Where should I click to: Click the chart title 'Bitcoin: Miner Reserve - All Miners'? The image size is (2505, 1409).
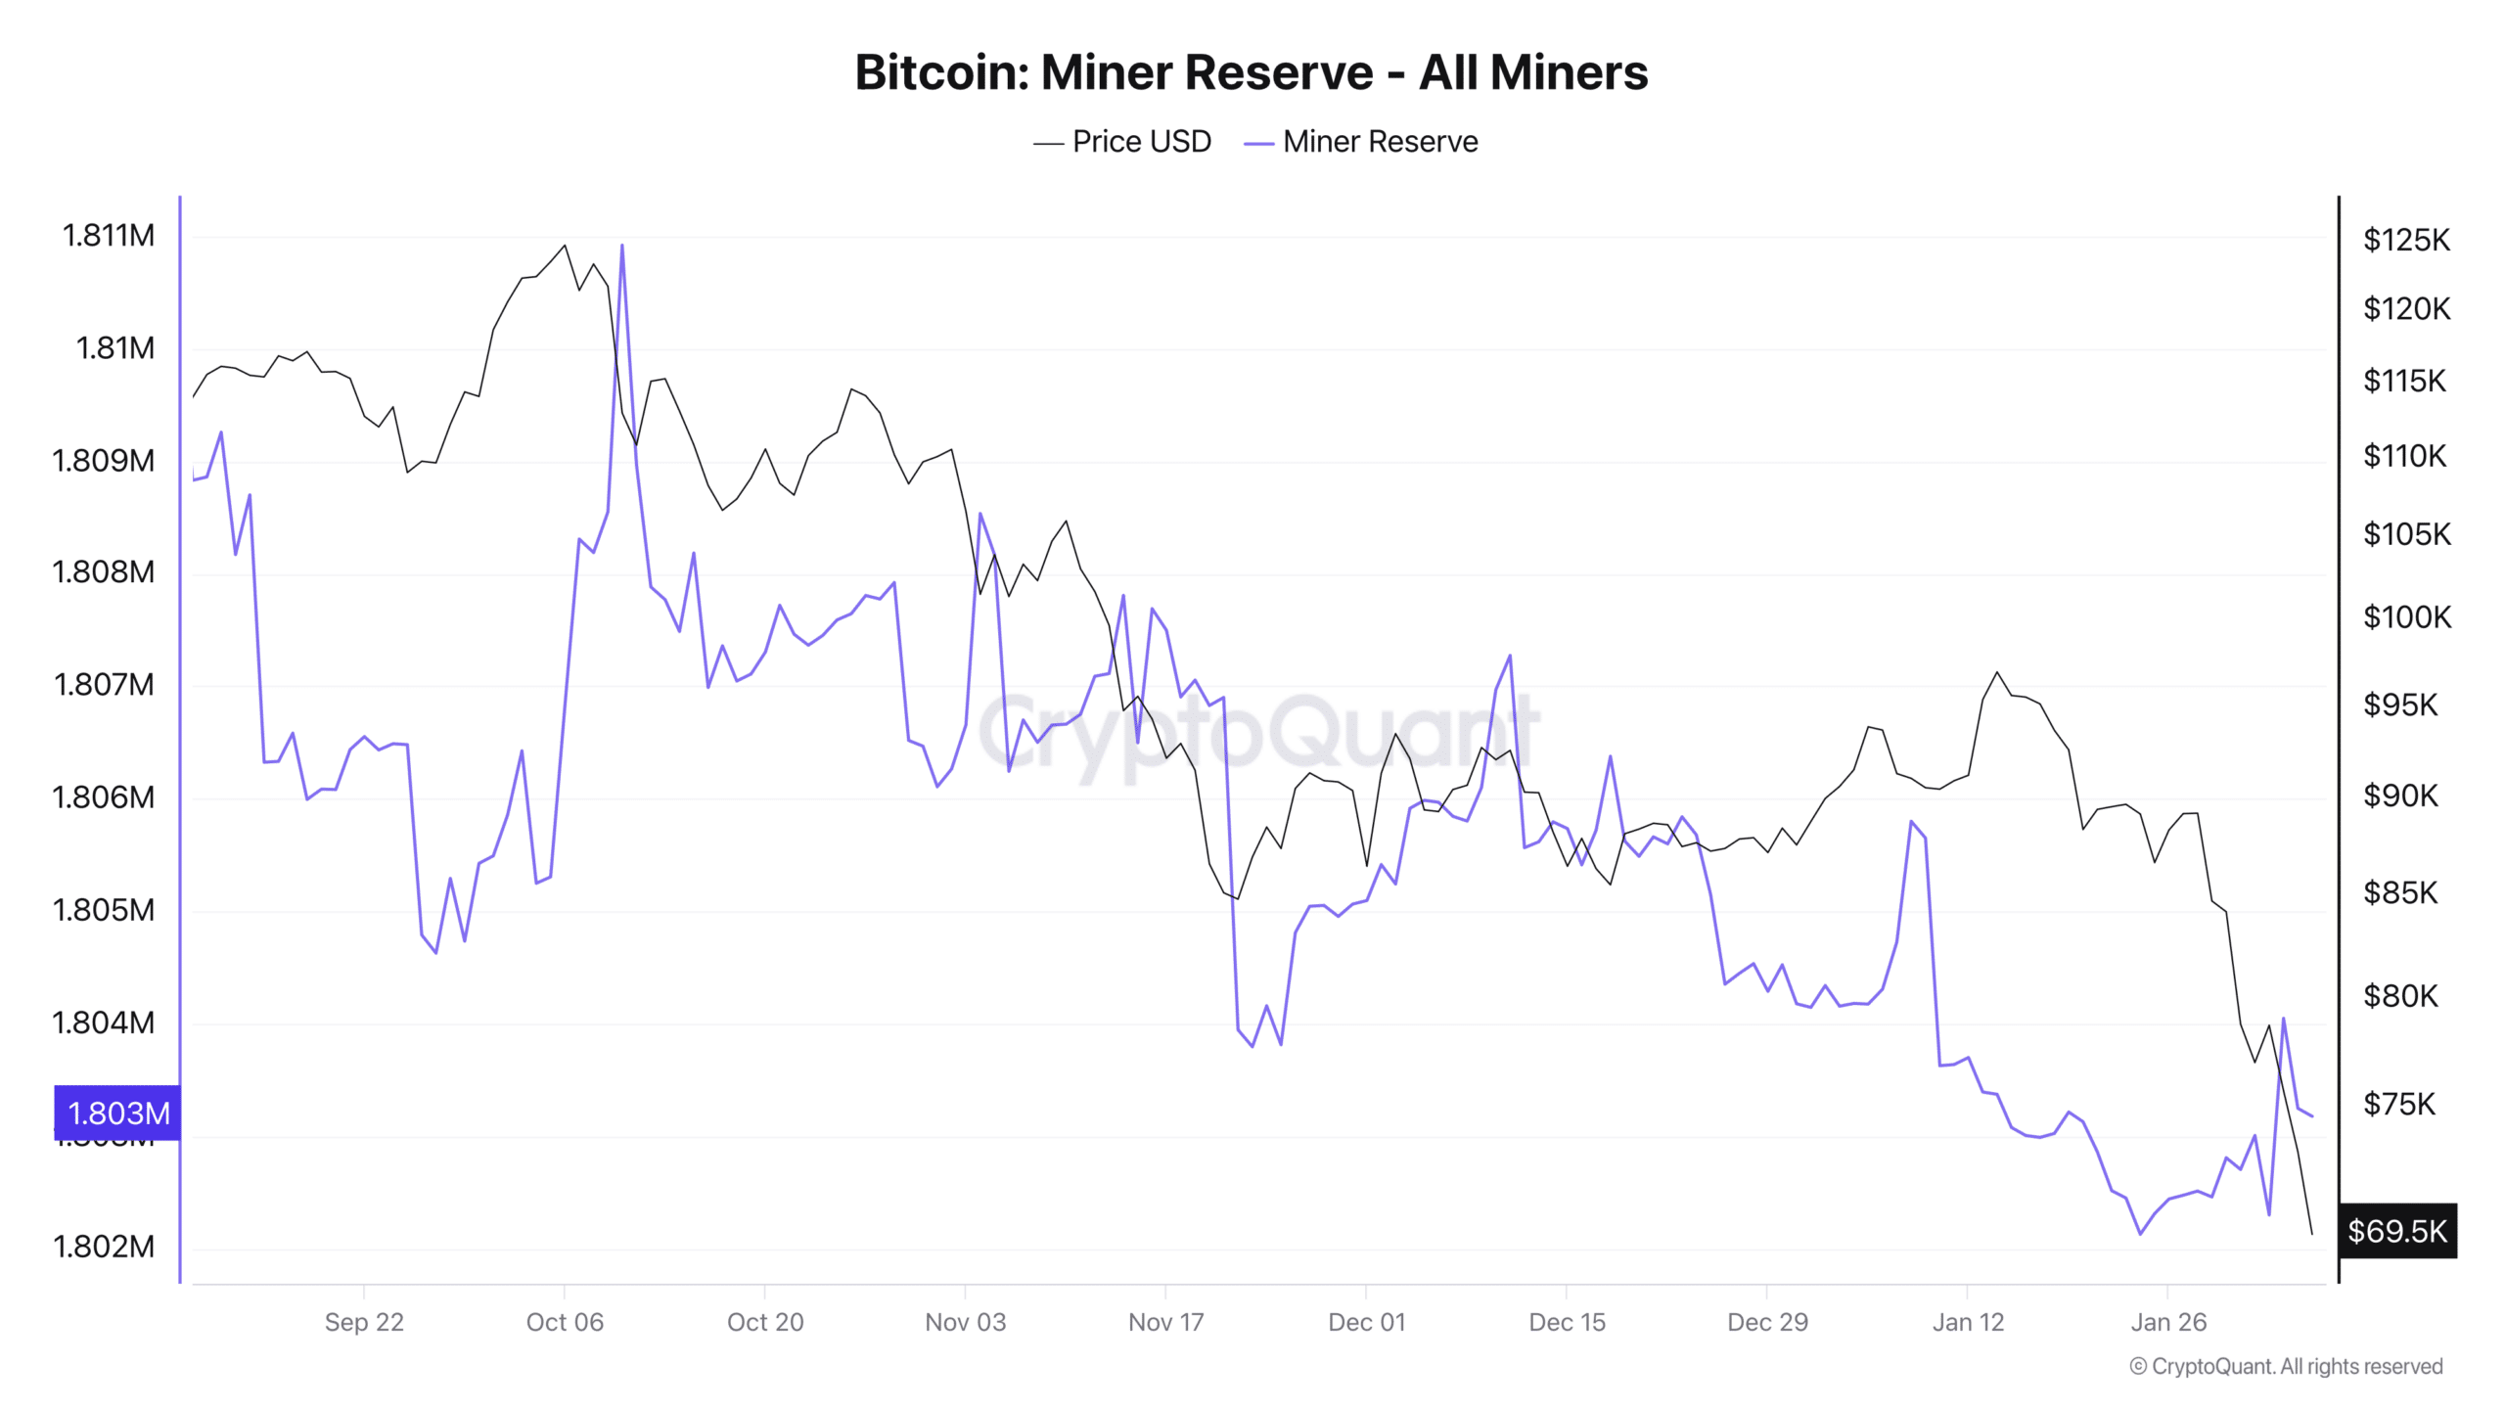coord(1251,72)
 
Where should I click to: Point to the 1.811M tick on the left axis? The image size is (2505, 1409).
coord(109,236)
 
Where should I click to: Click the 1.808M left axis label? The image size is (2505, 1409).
coord(103,571)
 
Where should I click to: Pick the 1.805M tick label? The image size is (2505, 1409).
coord(103,910)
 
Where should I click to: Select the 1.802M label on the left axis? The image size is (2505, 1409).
coord(103,1247)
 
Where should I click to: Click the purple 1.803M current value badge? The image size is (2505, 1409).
coord(118,1113)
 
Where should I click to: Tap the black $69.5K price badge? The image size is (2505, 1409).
coord(2396,1230)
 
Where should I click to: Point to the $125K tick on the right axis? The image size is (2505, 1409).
coord(2406,240)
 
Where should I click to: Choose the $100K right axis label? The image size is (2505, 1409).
coord(2406,617)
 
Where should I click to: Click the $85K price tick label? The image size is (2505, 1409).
coord(2400,892)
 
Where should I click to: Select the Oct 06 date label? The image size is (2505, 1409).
coord(565,1322)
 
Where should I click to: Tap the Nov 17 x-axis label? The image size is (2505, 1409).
coord(1165,1322)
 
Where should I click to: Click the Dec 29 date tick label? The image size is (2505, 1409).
coord(1767,1322)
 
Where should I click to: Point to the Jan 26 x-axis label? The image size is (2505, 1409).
coord(2168,1322)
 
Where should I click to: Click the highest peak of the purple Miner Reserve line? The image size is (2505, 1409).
coord(622,246)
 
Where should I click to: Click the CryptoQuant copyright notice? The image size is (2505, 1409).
coord(2286,1366)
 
